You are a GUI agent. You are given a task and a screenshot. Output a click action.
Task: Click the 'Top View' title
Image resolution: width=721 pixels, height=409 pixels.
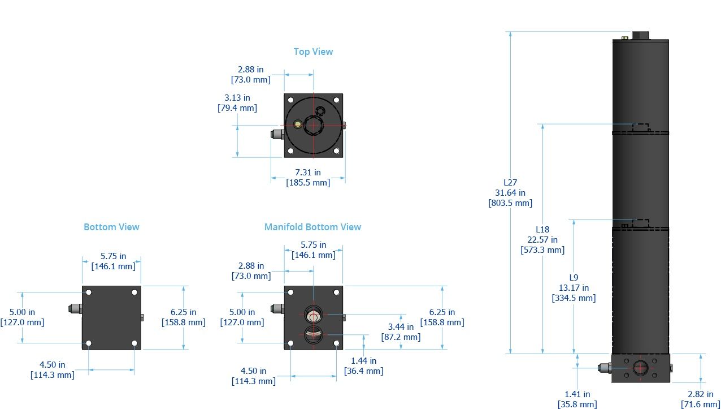point(313,51)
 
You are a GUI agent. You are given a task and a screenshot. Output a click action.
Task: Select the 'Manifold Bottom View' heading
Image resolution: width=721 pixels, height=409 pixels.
point(312,227)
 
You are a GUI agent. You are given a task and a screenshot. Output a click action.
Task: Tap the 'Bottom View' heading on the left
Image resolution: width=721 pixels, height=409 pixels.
point(111,227)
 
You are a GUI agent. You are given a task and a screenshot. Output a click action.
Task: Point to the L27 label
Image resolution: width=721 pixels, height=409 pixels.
point(510,183)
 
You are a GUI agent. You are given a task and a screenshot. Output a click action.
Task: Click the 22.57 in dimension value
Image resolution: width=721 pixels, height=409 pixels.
point(542,240)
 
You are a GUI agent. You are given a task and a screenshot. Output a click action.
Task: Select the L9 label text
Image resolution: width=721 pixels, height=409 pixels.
point(574,277)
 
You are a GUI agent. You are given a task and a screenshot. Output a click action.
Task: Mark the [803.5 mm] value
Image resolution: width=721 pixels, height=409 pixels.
point(510,203)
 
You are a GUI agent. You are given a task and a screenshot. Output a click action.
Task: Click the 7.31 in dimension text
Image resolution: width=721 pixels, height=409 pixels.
point(308,173)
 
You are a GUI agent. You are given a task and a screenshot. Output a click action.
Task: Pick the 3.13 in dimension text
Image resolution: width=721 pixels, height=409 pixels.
point(237,98)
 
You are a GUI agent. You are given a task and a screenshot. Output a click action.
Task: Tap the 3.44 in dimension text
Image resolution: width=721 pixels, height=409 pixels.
point(401,326)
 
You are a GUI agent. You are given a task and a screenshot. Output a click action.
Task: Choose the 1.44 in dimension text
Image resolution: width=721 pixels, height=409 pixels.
point(363,360)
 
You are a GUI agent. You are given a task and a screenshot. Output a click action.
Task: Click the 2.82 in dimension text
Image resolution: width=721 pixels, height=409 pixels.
point(701,394)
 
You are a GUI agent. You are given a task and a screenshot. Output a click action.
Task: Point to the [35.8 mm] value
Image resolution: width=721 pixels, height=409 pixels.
point(577,404)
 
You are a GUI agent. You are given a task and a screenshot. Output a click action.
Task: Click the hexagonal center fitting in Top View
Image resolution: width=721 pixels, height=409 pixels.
point(312,125)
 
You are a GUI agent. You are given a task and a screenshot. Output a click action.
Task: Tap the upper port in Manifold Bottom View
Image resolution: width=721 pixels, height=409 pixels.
point(313,314)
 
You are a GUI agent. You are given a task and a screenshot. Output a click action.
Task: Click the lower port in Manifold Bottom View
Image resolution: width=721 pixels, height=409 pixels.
point(313,334)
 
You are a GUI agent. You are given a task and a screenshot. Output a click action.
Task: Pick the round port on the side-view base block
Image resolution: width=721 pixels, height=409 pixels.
point(640,367)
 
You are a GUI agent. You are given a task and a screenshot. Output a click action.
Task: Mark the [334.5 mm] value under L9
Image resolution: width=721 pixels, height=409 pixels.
point(574,298)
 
